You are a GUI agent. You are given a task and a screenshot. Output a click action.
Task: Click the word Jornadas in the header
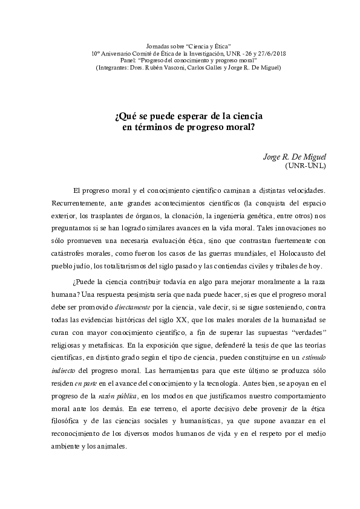[159, 46]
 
